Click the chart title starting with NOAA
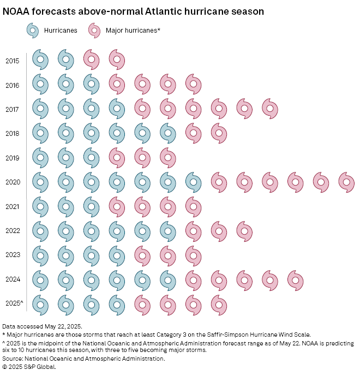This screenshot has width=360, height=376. pos(134,11)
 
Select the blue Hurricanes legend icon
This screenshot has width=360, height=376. pos(33,31)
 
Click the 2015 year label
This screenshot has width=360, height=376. pos(12,61)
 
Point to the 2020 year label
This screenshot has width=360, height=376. pos(12,182)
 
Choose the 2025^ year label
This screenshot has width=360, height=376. pos(14,303)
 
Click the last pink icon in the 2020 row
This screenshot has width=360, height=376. pos(346,182)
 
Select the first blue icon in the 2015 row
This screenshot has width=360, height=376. pos(40,59)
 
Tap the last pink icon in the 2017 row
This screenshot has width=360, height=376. pos(270,108)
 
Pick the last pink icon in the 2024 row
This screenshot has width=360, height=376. pos(295,280)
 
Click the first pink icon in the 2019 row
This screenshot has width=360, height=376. pos(117,157)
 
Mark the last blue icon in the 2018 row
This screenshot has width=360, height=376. pos(168,133)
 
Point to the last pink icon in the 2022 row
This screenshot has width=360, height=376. pos(244,231)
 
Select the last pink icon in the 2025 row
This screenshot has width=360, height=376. pos(219,304)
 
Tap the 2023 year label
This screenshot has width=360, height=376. pos(12,254)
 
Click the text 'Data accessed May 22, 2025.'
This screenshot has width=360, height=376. pos(43,326)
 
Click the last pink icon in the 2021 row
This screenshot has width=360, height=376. pos(194,206)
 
